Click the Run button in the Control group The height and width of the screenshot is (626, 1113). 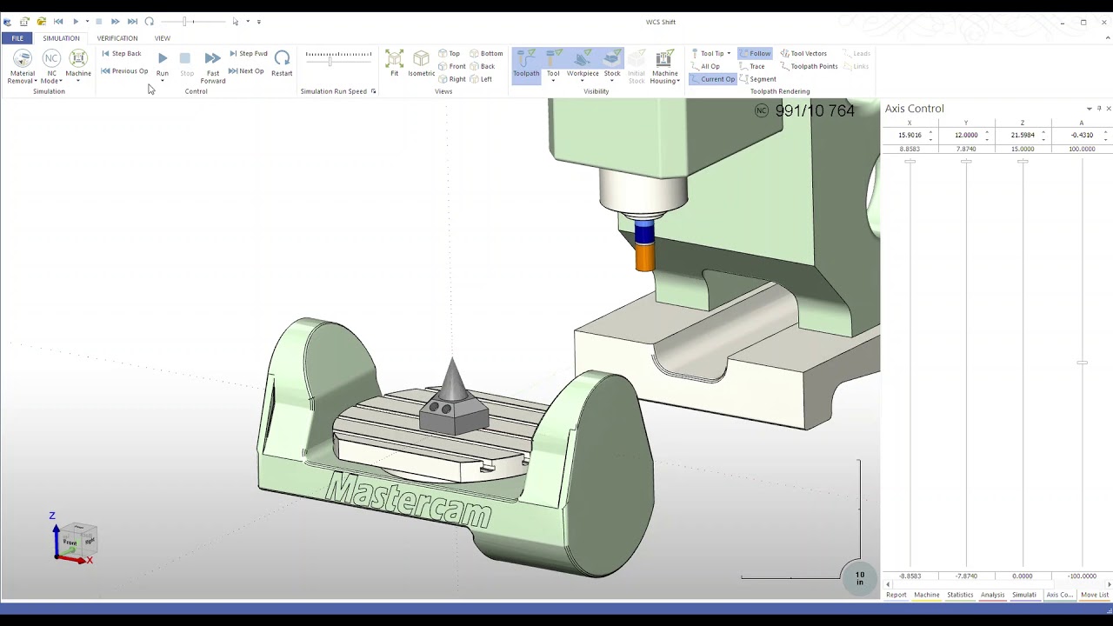click(x=163, y=63)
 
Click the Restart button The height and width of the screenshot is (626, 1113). click(x=282, y=63)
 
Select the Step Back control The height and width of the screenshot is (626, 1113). click(x=122, y=54)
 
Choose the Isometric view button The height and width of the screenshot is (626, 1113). click(x=421, y=63)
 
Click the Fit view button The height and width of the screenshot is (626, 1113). click(x=394, y=63)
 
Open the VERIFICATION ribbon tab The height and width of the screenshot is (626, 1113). click(x=117, y=38)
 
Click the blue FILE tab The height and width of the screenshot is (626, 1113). click(x=17, y=38)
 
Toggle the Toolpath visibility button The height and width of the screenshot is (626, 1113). click(x=525, y=63)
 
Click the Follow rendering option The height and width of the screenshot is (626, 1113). click(x=755, y=54)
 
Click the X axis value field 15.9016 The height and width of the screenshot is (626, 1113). click(x=910, y=136)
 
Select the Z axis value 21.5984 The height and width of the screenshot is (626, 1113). click(x=1022, y=136)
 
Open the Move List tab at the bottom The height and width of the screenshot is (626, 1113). click(x=1094, y=595)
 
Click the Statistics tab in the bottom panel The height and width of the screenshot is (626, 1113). click(x=960, y=595)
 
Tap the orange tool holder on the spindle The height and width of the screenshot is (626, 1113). click(x=644, y=258)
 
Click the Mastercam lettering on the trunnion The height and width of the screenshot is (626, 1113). click(x=408, y=500)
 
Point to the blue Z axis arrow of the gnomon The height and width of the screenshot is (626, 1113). click(x=56, y=534)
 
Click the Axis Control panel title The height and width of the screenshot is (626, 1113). click(x=914, y=109)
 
